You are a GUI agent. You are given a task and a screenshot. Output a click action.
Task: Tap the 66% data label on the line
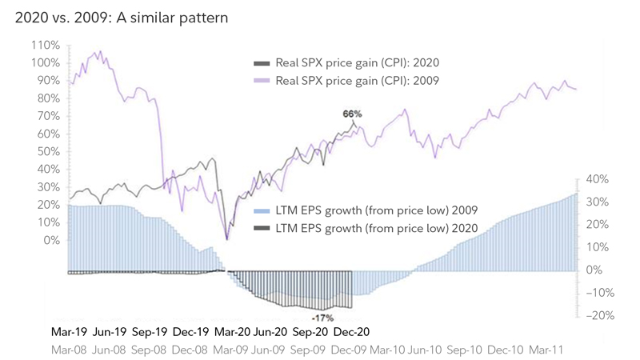353,114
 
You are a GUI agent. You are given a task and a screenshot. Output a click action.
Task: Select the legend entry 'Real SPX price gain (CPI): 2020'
357,62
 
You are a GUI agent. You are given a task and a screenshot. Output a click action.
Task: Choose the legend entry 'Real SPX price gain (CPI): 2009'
357,80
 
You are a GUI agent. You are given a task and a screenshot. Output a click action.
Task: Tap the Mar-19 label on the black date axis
70,331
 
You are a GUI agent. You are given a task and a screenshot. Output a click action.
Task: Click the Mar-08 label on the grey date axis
70,350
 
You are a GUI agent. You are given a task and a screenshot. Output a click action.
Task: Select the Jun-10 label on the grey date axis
426,350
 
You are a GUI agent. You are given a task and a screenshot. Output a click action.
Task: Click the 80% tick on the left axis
47,98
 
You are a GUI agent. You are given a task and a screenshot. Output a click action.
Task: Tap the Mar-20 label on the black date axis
233,331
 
